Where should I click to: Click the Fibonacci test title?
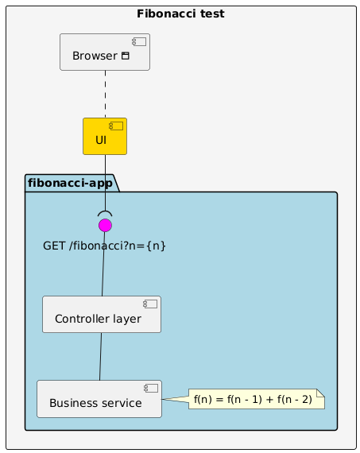coord(180,14)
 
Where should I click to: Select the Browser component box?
coord(105,52)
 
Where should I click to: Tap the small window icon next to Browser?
coord(126,56)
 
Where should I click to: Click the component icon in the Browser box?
coord(139,42)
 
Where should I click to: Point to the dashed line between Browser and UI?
coord(105,95)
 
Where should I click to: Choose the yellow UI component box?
coord(105,136)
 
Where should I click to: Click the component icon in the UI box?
coord(116,126)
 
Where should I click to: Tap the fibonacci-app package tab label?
coord(70,183)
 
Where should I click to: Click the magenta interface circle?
coord(105,226)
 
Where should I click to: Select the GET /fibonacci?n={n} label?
coord(104,246)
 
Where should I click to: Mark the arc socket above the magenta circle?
coord(105,211)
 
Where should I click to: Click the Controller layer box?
coord(102,315)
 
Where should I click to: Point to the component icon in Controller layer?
coord(150,304)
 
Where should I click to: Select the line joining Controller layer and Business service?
coord(101,357)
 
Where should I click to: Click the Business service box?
coord(99,399)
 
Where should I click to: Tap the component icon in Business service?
coord(151,389)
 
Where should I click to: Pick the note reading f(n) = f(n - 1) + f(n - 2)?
coord(257,399)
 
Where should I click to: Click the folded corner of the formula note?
coord(321,393)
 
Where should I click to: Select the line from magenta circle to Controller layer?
coord(103,264)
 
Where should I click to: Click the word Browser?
coord(95,56)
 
